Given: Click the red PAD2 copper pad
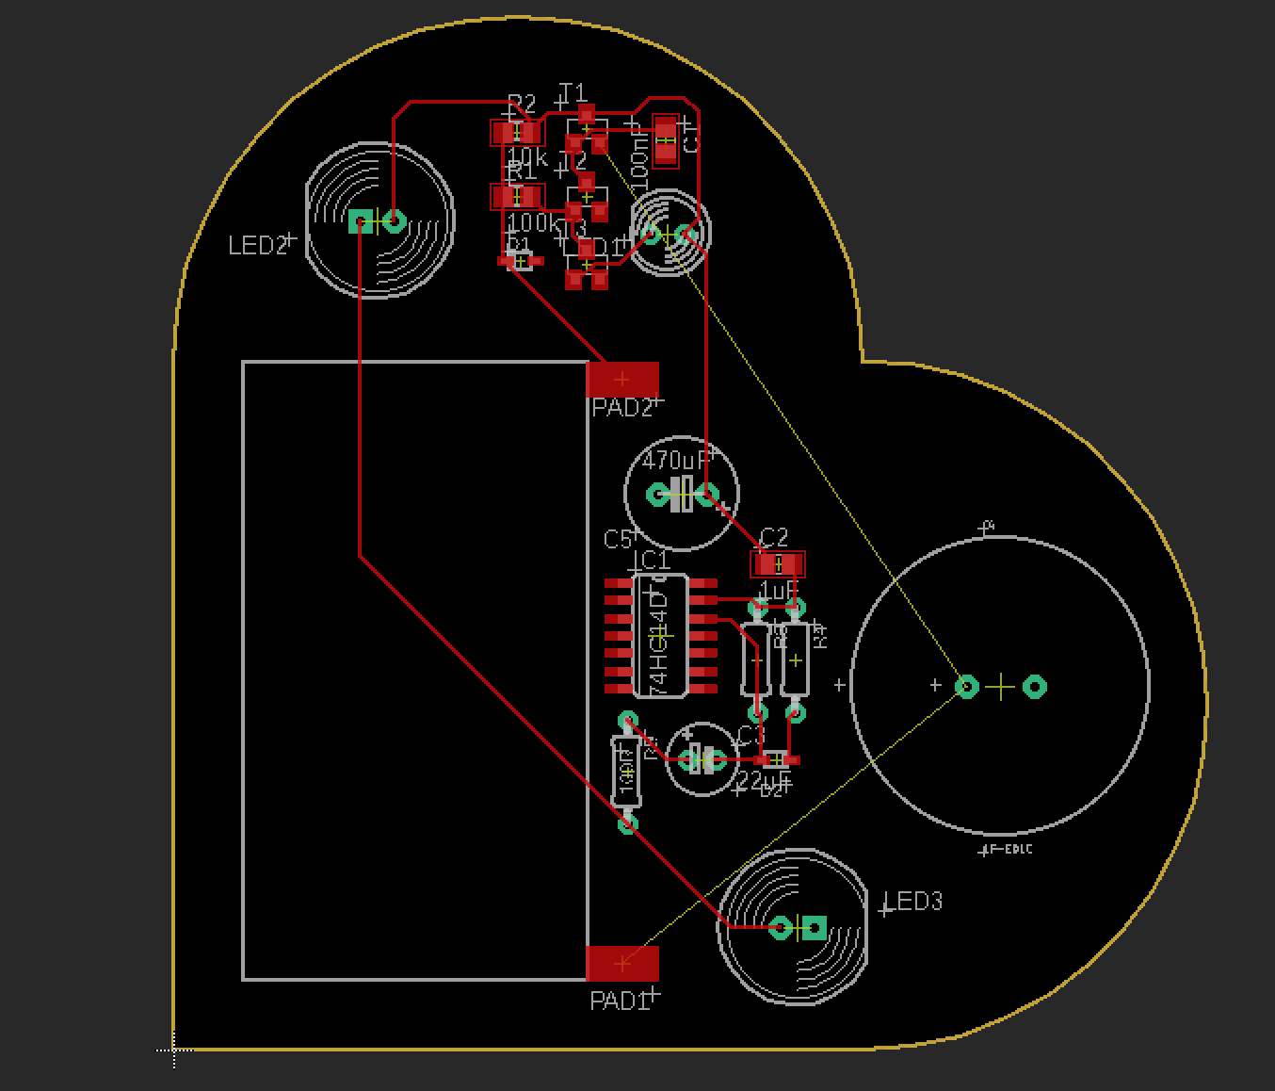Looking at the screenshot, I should coord(622,380).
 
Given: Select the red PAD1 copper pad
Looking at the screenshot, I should coord(622,963).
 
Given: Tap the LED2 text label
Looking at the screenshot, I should coord(257,246).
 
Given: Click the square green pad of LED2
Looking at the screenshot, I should coord(360,221).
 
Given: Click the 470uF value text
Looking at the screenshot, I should coord(673,462).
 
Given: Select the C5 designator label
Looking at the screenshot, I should coord(617,540).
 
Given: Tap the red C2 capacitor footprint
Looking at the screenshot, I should coord(778,564).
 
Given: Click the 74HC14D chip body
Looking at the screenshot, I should coord(660,638).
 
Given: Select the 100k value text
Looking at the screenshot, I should coord(533,223).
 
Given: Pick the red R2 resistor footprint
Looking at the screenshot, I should coord(516,133).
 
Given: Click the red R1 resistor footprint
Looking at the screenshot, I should coord(516,197).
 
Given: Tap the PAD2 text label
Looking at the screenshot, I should coord(621,408).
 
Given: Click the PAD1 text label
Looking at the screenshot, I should coord(619,1001).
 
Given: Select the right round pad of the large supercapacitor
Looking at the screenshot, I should coord(1035,687).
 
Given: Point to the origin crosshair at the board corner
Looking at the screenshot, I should coord(174,1049).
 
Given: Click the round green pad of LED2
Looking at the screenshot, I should coord(395,221).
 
